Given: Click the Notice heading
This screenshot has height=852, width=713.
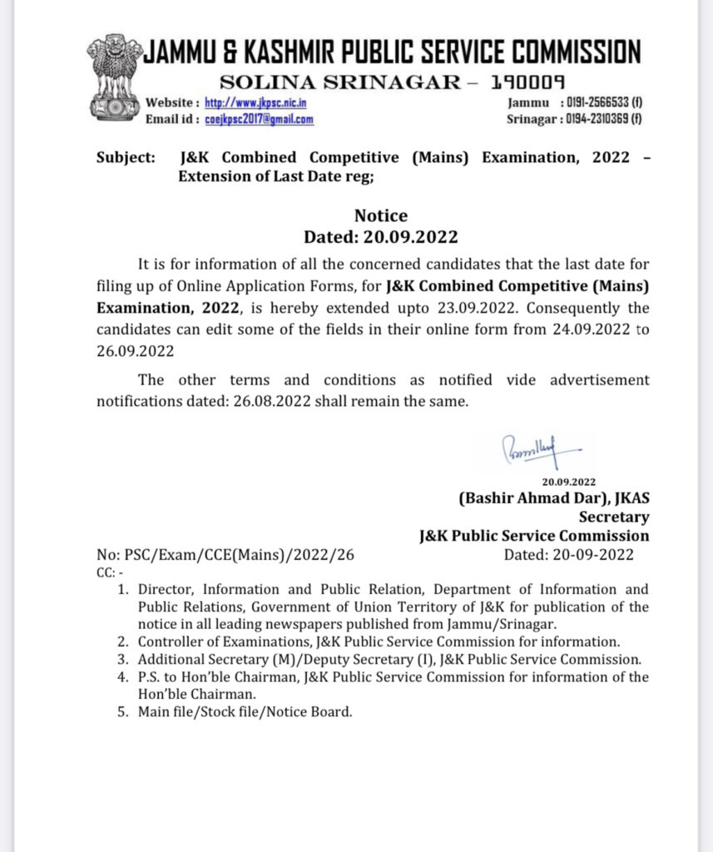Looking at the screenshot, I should (x=381, y=216).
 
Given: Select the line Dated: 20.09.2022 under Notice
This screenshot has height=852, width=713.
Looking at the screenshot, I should (x=381, y=236).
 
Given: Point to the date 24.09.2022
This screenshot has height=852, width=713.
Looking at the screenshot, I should (x=592, y=329).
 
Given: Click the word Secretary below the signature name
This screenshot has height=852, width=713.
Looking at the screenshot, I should (x=614, y=517).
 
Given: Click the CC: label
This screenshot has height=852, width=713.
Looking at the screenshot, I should (x=109, y=572).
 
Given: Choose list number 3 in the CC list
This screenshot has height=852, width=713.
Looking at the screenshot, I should (x=122, y=660).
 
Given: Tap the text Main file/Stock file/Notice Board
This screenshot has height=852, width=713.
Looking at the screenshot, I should (x=245, y=712).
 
